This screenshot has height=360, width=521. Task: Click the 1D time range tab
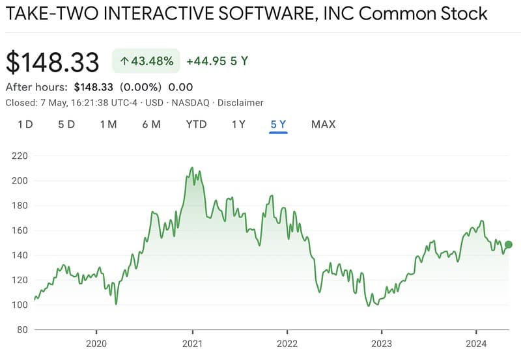25,124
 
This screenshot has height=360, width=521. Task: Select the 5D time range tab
66,124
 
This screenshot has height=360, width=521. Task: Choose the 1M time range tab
108,124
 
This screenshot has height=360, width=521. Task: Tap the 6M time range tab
151,124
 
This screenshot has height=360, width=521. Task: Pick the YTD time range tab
196,124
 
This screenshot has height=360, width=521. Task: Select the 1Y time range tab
238,124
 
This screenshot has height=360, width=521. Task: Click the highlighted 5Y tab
278,124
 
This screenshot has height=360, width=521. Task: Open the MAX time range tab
323,124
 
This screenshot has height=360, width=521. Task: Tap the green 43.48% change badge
146,61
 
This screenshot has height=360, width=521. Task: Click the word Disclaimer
240,102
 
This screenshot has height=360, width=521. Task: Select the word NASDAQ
190,102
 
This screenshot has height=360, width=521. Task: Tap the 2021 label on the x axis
192,343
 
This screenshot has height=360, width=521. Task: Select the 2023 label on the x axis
382,343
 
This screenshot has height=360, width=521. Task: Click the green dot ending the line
509,244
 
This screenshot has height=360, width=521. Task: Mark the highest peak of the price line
192,167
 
